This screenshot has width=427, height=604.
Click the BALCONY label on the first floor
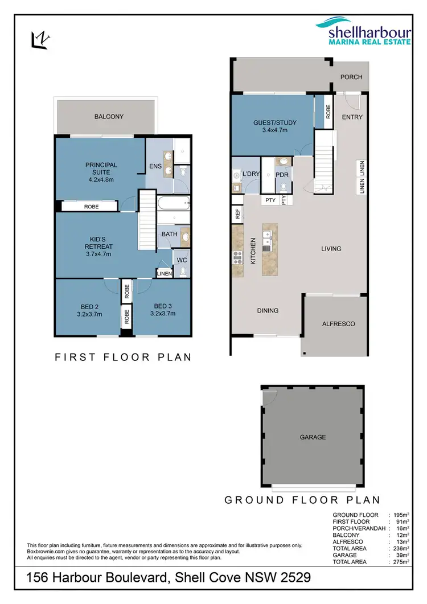108,117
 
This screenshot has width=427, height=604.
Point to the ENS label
154,167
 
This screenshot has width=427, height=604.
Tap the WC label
182,260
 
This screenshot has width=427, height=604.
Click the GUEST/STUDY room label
270,122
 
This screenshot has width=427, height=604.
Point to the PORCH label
351,77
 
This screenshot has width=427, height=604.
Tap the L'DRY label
250,174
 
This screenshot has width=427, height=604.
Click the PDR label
282,174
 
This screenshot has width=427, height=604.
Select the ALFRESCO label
339,323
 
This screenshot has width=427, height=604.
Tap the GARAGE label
313,437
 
